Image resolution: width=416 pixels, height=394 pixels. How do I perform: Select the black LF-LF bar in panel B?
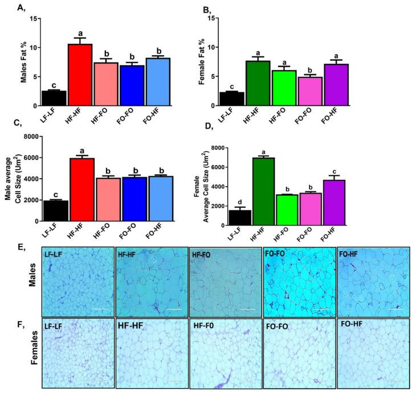click(231, 99)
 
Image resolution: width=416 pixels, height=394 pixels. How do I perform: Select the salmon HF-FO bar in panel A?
click(106, 84)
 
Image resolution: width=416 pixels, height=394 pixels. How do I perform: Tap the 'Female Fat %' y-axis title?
click(202, 61)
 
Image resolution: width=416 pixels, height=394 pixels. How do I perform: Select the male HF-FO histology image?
click(224, 281)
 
